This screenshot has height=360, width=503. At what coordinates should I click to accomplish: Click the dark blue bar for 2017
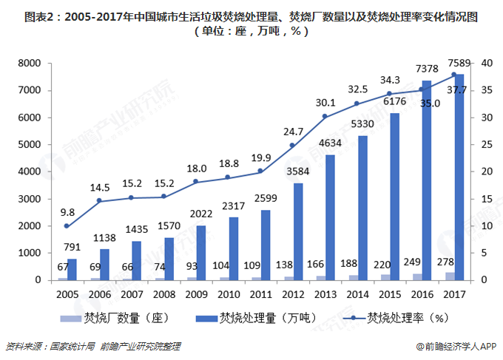coord(459,177)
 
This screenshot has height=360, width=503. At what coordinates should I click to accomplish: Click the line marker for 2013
coord(324,117)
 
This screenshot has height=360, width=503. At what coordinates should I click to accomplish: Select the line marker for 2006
coord(98,201)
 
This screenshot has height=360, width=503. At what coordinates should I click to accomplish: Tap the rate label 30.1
coord(325,102)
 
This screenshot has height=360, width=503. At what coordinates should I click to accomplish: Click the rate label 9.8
coord(67,211)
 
